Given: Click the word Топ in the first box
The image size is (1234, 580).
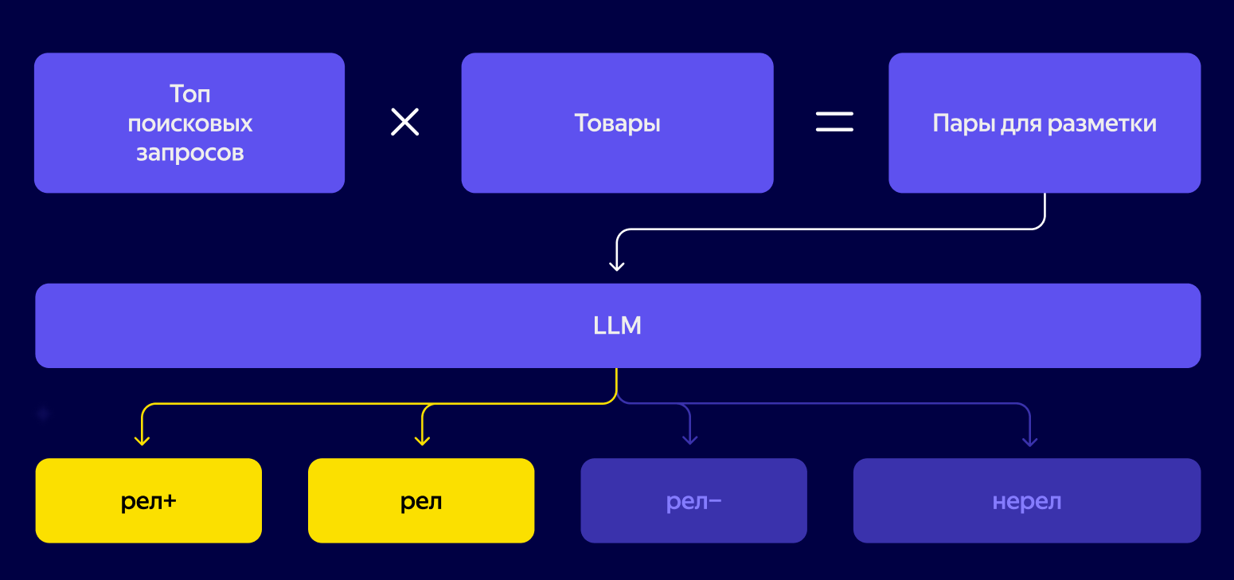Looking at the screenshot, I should (x=189, y=94).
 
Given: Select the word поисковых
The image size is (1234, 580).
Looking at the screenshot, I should (x=189, y=123).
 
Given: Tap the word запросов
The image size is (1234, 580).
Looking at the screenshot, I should (x=189, y=152).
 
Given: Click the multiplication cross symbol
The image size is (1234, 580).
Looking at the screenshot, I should (x=404, y=122).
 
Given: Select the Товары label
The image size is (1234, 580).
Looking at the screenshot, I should (x=617, y=123).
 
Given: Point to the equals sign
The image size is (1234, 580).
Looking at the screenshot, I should (x=834, y=122).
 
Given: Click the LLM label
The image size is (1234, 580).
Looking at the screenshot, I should (x=617, y=326).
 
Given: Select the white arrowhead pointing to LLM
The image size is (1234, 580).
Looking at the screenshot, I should (x=616, y=265).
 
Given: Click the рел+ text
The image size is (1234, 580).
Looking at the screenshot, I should (x=148, y=502).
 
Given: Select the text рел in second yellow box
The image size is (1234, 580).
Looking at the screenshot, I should (x=421, y=502).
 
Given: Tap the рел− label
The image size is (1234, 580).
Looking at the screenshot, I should (x=693, y=502).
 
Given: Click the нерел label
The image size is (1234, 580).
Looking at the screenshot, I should (x=1026, y=502).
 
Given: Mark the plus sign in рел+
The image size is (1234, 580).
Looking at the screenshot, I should (x=168, y=501).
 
